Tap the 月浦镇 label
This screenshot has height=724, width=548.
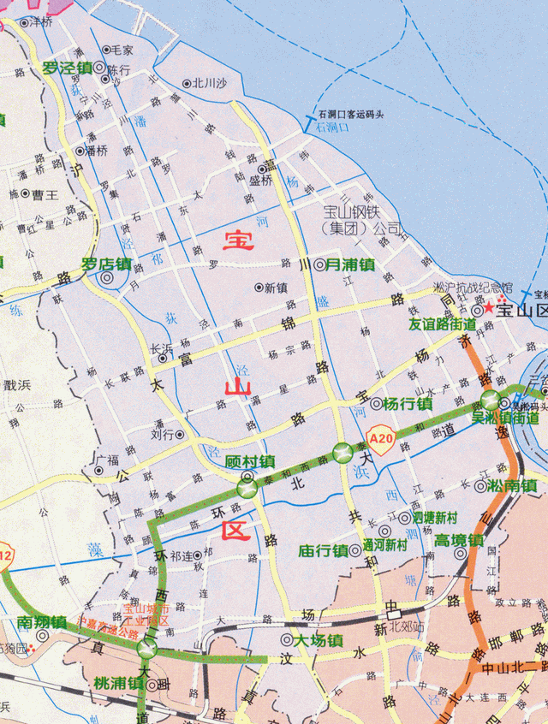click(x=350, y=265)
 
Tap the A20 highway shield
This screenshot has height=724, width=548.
click(x=381, y=440)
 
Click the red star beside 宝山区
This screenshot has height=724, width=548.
click(x=489, y=308)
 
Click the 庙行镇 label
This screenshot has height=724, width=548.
click(x=323, y=550)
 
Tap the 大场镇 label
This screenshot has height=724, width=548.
click(x=319, y=640)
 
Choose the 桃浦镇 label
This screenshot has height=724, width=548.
click(x=120, y=684)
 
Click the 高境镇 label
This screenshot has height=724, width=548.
click(x=458, y=540)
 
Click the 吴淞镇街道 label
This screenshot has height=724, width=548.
click(x=505, y=418)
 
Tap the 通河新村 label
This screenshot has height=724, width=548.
click(x=384, y=544)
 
